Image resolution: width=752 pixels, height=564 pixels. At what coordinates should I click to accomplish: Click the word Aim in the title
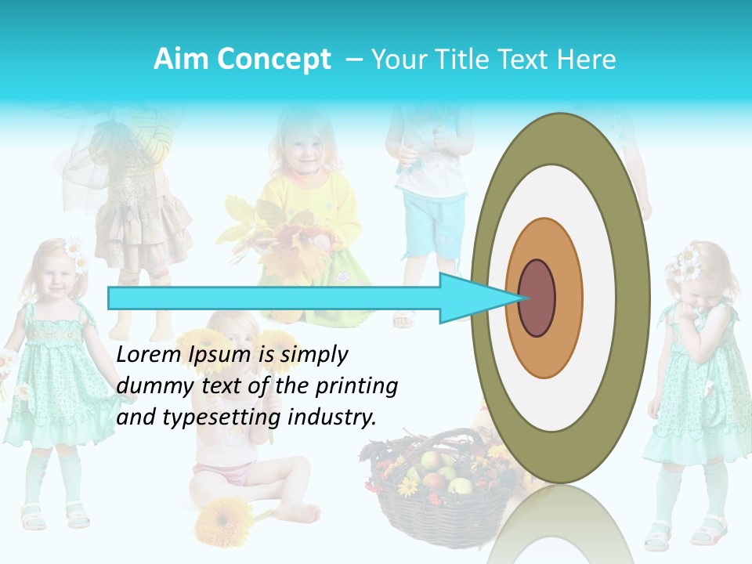[179, 60]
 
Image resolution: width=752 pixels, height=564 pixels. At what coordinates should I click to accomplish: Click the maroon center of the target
[537, 298]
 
